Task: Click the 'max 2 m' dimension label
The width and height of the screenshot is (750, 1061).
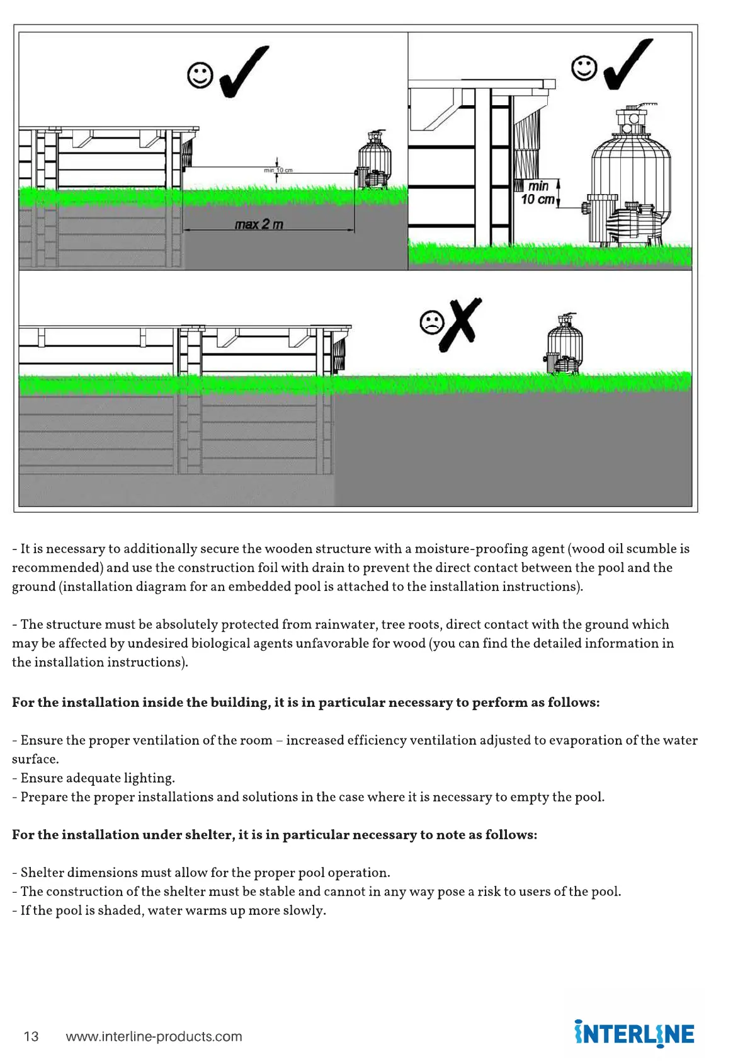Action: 259,224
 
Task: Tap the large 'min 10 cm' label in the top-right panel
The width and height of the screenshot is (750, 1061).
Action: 538,193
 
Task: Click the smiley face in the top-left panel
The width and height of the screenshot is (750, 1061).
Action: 200,76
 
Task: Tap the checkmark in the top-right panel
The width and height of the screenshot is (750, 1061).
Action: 627,64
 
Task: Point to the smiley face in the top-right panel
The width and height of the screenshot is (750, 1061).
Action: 584,68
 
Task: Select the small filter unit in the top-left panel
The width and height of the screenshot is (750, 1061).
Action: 373,160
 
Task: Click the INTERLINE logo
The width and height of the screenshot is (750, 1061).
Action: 634,1034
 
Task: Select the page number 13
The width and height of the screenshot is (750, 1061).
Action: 31,1036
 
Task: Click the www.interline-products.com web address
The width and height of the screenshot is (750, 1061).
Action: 154,1036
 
